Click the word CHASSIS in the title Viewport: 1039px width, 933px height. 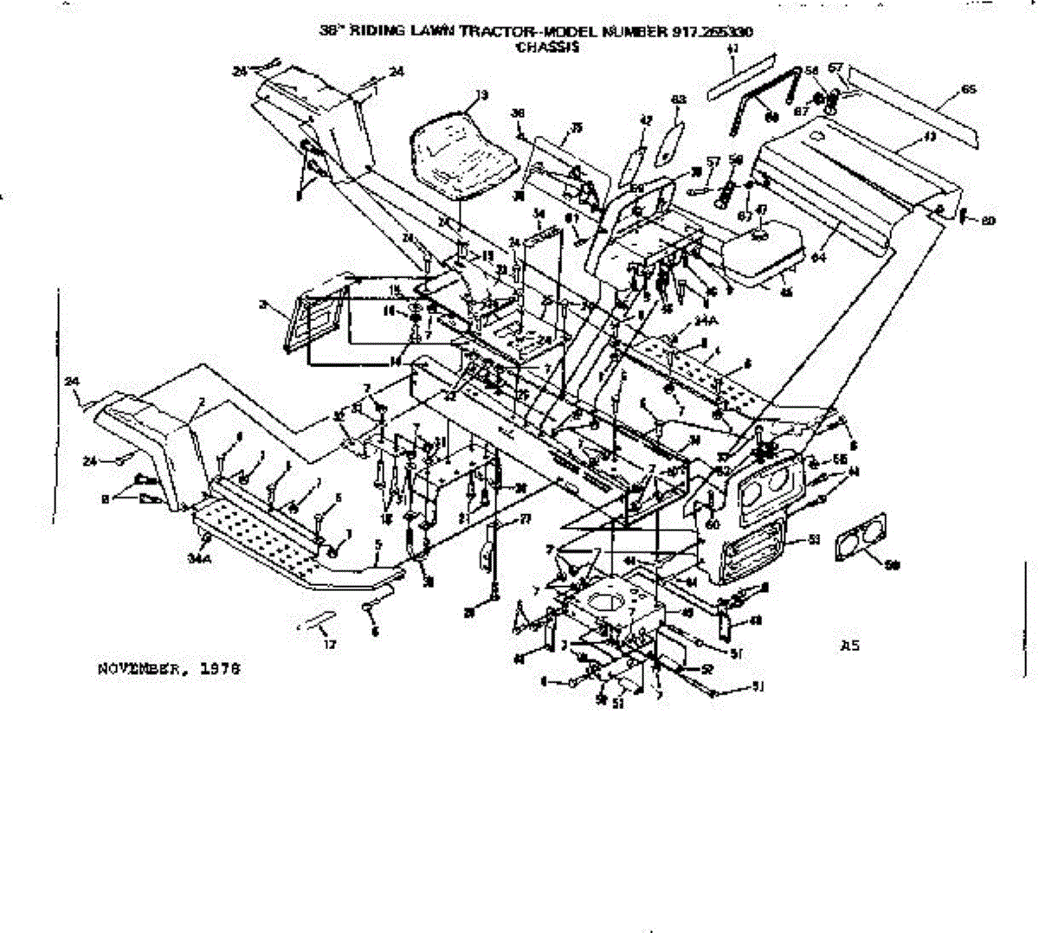coord(546,47)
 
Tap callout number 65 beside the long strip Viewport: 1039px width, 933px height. coord(969,90)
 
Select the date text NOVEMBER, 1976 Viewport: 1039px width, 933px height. coord(168,669)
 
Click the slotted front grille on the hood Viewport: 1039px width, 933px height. coord(753,550)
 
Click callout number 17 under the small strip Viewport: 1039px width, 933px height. coord(329,644)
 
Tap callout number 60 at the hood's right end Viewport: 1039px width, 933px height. coord(988,221)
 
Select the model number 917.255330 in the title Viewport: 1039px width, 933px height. coord(710,31)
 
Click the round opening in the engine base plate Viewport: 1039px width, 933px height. coord(606,603)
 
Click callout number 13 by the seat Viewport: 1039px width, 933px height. coord(482,94)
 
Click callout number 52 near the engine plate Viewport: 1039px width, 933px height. coord(707,668)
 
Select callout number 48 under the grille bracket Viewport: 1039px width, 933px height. coord(755,620)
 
